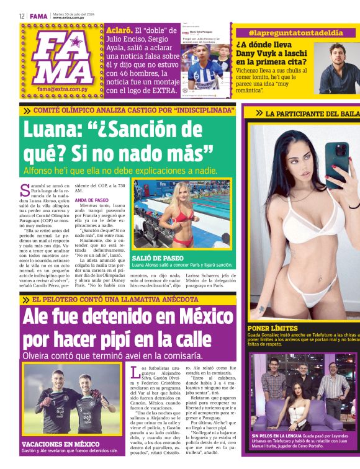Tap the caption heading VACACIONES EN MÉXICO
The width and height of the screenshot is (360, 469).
(x=60, y=444)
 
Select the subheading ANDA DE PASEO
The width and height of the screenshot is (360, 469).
(x=91, y=200)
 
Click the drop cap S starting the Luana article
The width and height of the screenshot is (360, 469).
(x=25, y=188)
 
